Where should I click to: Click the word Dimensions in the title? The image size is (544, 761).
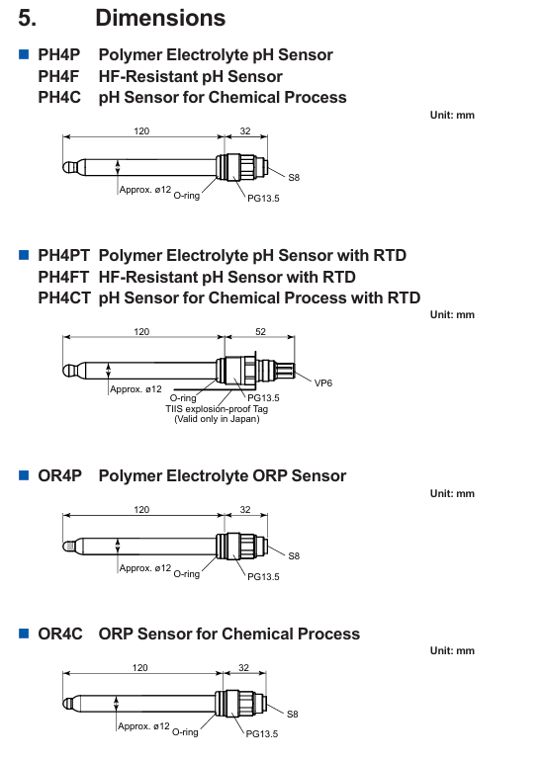[160, 18]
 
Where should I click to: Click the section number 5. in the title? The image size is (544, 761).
[28, 18]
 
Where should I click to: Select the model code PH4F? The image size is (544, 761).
[58, 76]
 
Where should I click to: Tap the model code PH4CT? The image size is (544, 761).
[64, 297]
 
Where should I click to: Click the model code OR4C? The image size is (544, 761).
[60, 634]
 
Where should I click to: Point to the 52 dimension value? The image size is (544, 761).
[260, 331]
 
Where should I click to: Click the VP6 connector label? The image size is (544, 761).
[323, 382]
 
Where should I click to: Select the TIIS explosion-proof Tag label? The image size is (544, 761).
[217, 408]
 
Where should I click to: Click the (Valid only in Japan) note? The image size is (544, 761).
[217, 419]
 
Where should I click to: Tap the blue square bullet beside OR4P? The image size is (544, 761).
[24, 475]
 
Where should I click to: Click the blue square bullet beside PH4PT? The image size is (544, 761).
[24, 255]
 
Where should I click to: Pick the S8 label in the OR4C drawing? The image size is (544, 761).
[293, 714]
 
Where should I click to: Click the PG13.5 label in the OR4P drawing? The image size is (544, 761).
[263, 576]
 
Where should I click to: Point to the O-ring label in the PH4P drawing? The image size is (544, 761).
[187, 195]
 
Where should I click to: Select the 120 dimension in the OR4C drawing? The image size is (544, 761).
[139, 668]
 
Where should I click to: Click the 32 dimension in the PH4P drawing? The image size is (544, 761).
[245, 131]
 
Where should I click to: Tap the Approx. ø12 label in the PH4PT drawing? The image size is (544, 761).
[136, 389]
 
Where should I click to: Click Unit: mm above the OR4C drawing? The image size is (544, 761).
[452, 650]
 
